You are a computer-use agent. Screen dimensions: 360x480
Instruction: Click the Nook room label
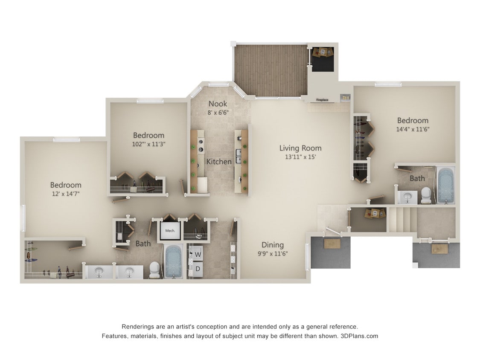218,104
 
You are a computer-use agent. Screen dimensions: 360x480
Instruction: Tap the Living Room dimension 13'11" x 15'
300,157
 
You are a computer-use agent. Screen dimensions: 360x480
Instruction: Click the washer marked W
198,255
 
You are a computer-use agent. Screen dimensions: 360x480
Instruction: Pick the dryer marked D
198,269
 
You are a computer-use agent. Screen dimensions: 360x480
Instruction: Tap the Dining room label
273,245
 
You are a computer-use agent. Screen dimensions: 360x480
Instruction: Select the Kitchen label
219,162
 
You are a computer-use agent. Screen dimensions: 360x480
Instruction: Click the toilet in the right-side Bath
426,195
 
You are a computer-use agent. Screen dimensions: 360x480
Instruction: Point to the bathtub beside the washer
173,261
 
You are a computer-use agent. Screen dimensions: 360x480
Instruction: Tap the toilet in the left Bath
154,269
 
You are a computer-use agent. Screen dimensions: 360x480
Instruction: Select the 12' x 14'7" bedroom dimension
66,194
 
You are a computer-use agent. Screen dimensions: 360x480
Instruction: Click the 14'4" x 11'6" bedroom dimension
413,129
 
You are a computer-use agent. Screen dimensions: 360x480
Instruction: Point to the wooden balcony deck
271,70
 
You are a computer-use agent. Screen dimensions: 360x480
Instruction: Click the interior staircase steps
401,219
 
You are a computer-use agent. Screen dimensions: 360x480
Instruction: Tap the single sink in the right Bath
407,197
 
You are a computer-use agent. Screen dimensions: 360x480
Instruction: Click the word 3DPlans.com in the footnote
359,336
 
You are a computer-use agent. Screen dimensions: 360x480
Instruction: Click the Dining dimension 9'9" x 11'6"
273,253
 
